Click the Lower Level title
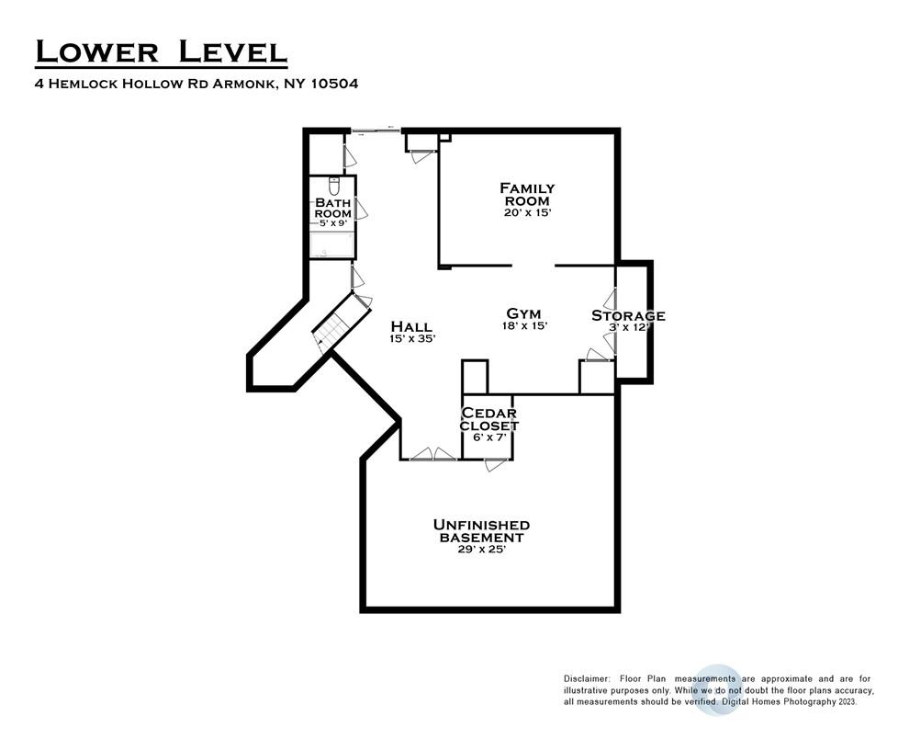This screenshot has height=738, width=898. (x=161, y=51)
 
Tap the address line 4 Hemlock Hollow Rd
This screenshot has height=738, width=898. (x=197, y=84)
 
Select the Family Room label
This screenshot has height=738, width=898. (x=527, y=195)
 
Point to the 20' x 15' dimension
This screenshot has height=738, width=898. (x=527, y=212)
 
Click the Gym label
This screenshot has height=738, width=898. (x=524, y=313)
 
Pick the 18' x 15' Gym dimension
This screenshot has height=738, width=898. (x=524, y=325)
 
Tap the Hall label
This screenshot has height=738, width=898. (x=411, y=326)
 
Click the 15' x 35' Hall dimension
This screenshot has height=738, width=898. (x=412, y=339)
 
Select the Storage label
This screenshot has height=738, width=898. (x=628, y=315)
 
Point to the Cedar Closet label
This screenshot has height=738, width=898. (x=488, y=419)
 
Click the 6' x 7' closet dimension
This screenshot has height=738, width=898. (x=489, y=437)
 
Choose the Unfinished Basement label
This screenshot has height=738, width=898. (x=481, y=531)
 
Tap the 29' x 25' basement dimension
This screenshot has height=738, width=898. (x=482, y=550)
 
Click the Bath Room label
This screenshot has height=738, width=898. (x=332, y=208)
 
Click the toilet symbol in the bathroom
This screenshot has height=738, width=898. (x=334, y=186)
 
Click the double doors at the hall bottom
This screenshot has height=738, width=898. (x=433, y=454)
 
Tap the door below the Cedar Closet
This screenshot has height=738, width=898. (x=495, y=465)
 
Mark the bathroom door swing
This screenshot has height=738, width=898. (x=361, y=209)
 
